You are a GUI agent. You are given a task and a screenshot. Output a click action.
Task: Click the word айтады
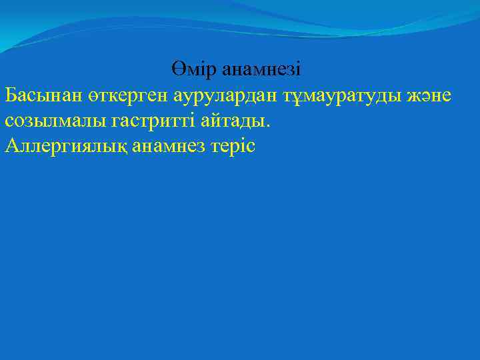pos(236,121)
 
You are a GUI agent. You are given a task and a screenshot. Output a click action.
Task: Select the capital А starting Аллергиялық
pos(11,146)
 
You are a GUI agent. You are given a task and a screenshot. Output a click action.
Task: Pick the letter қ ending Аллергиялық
pos(124,147)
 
